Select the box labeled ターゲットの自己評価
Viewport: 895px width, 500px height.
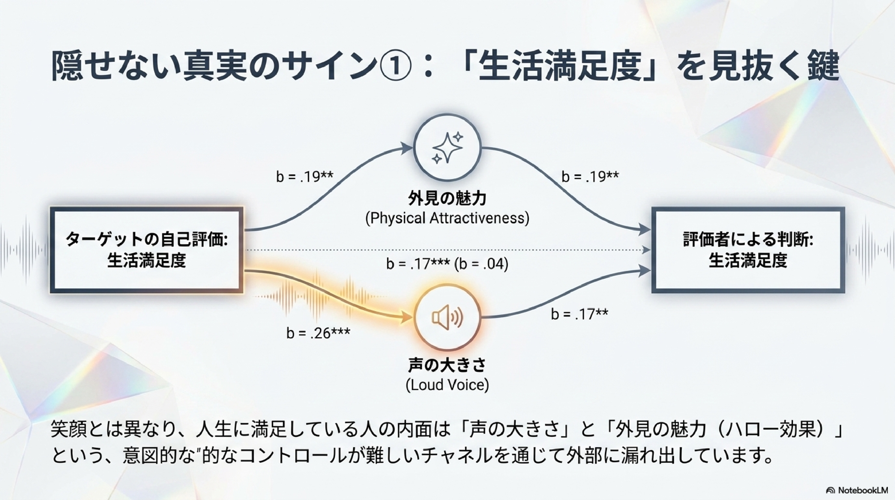(147, 250)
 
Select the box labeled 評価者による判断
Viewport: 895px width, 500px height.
(748, 250)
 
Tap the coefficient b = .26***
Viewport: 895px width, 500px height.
(318, 333)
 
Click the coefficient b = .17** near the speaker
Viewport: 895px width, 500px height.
(579, 314)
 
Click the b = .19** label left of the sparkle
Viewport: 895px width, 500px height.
(305, 177)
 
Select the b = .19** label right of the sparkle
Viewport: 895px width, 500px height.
(590, 177)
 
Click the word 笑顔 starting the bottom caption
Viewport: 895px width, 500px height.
(68, 430)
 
